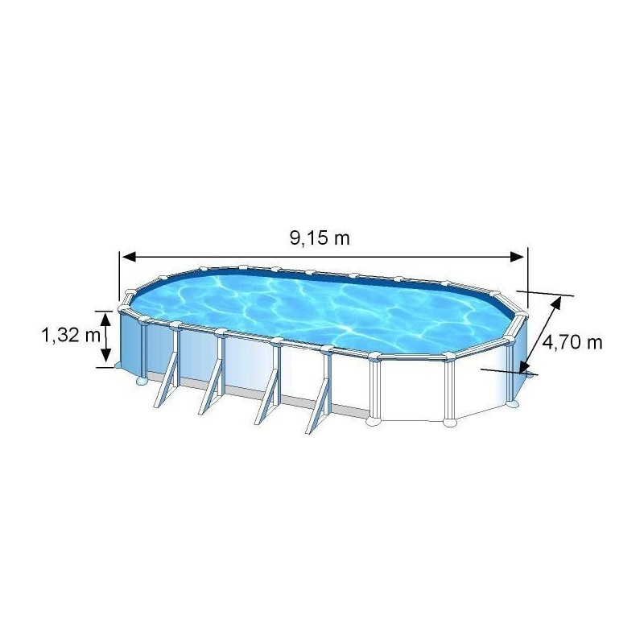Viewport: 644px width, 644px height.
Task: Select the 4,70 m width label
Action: [572, 342]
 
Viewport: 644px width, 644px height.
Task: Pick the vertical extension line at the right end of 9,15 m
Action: [526, 278]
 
